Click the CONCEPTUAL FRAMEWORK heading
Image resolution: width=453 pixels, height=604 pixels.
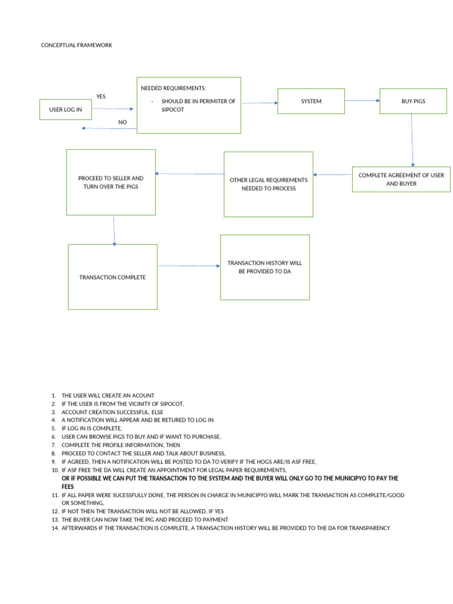point(76,45)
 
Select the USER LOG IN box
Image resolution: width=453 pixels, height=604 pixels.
point(65,110)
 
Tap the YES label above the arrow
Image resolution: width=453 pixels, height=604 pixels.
point(101,96)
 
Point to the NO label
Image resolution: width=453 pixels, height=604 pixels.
point(122,122)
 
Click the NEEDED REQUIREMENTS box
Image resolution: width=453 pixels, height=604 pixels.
point(189,105)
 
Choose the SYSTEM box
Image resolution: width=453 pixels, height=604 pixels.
point(311,101)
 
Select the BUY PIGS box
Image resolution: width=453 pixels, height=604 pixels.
point(413,101)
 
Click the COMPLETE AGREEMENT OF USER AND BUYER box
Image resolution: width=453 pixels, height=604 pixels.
point(401,179)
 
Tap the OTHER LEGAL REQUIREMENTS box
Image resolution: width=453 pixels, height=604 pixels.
point(268,184)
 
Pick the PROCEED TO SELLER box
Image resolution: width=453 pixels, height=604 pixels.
point(111,182)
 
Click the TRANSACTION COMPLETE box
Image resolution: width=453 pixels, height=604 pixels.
point(113,277)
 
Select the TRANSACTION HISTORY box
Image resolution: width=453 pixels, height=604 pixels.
point(265,267)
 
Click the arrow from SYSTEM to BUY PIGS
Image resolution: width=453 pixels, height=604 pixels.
point(362,101)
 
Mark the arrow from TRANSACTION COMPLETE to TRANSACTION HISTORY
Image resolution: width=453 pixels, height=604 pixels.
point(189,266)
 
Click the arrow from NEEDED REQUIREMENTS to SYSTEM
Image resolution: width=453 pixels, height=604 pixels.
point(260,103)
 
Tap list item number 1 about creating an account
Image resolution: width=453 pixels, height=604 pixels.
point(108,395)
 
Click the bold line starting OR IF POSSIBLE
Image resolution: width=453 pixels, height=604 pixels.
point(230,478)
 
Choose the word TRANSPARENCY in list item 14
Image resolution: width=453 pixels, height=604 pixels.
point(367,528)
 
